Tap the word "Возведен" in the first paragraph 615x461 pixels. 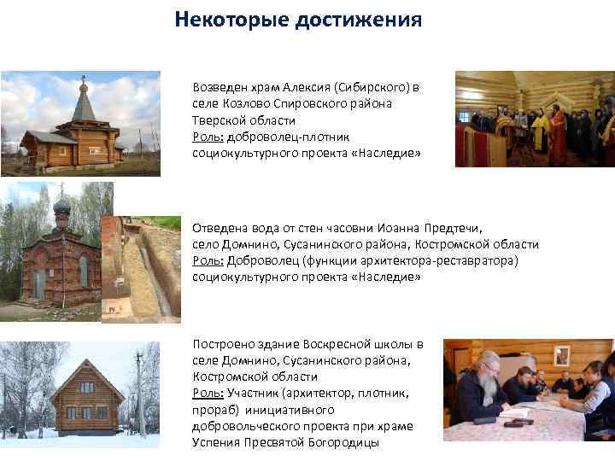pos(220,87)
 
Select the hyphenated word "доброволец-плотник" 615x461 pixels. pos(279,136)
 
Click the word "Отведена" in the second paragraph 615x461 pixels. pos(220,228)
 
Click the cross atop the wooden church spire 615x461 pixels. pos(83,79)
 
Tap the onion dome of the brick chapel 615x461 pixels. pos(61,207)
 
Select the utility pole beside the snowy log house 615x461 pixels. pos(138,393)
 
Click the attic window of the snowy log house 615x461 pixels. pos(87,387)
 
